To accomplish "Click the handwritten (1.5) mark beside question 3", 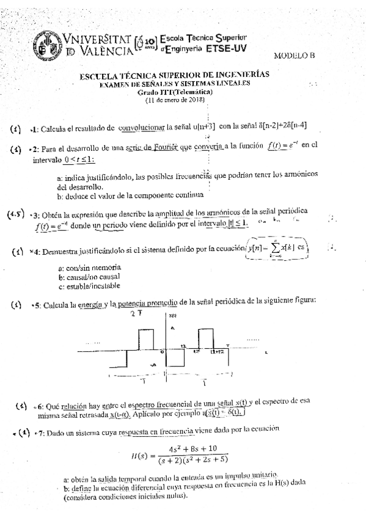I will pos(16,215).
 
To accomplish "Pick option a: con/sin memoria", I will pos(90,268).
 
